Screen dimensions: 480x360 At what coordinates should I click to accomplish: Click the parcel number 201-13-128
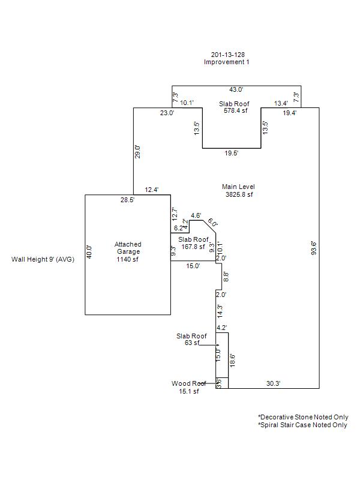point(227,55)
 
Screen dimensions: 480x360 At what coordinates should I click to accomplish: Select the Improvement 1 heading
point(226,62)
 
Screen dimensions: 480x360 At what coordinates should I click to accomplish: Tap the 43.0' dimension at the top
point(236,90)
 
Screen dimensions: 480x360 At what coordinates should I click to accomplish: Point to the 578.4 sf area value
point(234,110)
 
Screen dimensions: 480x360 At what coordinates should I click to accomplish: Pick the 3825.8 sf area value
point(239,194)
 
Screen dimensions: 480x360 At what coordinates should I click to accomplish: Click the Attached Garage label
point(128,248)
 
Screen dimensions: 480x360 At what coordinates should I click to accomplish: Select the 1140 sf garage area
point(128,259)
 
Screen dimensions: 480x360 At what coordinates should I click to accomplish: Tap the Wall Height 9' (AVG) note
point(43,260)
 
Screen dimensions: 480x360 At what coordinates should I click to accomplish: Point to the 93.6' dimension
point(313,248)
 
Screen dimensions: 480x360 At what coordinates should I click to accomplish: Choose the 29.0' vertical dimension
point(137,151)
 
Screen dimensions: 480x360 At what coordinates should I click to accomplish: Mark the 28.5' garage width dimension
point(127,200)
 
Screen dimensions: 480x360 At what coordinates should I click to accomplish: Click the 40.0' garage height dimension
point(89,251)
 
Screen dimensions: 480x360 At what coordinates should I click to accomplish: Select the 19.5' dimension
point(231,154)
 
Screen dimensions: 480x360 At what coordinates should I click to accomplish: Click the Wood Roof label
point(189,383)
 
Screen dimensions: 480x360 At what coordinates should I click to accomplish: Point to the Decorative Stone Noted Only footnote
point(303,417)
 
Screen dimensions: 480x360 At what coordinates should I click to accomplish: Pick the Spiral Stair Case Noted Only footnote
point(303,425)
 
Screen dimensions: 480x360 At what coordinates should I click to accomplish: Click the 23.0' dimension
point(167,113)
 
